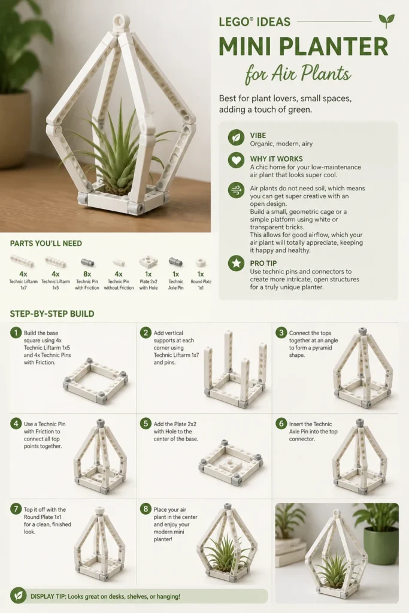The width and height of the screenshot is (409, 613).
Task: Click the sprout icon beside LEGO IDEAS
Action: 386,21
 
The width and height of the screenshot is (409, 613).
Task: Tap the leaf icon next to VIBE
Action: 236,138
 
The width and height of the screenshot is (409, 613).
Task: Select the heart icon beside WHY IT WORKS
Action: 236,160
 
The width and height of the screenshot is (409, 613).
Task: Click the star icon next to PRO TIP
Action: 236,263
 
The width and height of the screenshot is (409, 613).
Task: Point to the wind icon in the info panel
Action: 236,190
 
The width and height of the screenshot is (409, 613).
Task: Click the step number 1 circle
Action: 16,333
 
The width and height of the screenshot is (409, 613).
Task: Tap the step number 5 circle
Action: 146,424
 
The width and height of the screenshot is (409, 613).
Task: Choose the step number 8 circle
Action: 146,509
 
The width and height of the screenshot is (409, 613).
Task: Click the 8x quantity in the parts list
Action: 87,274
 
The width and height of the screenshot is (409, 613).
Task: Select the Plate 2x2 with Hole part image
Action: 149,262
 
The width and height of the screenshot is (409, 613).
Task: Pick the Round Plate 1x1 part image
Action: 201,262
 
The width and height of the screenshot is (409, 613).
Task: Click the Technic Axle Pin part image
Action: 175,262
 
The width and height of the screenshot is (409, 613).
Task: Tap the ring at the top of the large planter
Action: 121,22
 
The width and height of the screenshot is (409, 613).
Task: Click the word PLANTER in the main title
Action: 334,47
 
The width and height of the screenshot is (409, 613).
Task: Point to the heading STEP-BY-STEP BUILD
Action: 52,314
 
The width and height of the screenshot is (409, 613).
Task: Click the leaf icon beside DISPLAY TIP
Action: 18,596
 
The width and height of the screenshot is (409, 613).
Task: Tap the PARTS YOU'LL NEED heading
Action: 46,244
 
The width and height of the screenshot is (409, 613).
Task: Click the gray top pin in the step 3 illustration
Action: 362,331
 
